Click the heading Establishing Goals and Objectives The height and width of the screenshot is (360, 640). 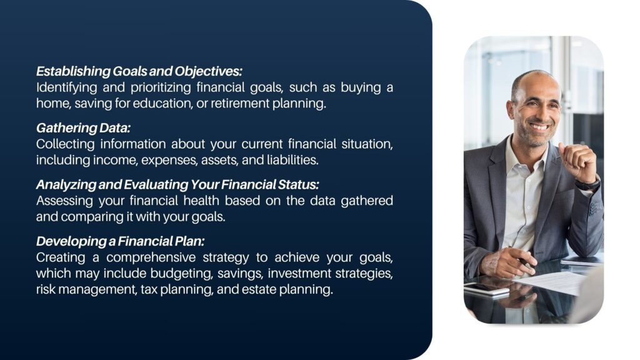(x=139, y=71)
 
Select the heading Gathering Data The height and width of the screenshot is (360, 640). (x=83, y=128)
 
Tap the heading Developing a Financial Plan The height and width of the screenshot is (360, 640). (x=121, y=242)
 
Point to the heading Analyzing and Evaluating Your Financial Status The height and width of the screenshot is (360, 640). (x=177, y=185)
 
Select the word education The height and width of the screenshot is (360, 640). (x=162, y=103)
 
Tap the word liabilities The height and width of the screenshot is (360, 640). (x=292, y=160)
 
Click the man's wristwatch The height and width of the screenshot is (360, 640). (x=587, y=183)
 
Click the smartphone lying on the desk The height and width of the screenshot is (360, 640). (x=486, y=289)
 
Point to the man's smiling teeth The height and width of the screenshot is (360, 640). (x=540, y=126)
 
